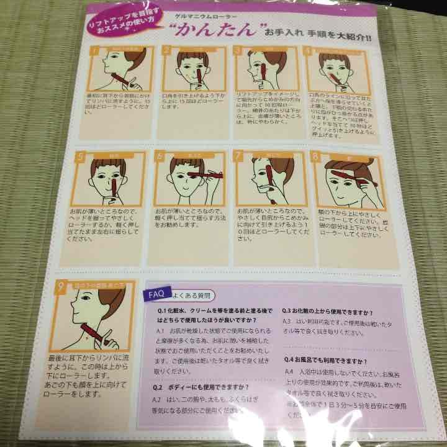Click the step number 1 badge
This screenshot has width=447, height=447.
(94, 50)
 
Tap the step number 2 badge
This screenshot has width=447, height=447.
(166, 50)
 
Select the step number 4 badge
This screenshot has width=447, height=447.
(306, 50)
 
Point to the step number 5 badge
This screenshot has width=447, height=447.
(78, 156)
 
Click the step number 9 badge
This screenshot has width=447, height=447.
(60, 286)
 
